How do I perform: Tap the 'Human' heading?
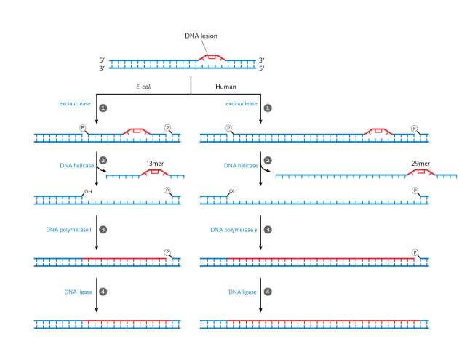click(x=226, y=86)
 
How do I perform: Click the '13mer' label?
click(x=156, y=164)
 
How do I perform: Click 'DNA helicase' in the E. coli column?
click(x=76, y=166)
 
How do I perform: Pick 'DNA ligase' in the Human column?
click(x=243, y=292)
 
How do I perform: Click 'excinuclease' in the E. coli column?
click(x=75, y=104)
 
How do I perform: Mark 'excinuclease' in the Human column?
click(x=242, y=104)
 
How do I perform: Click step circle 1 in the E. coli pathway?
click(x=103, y=107)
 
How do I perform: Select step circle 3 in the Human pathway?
click(x=268, y=229)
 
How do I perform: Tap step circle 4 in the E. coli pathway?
click(x=103, y=292)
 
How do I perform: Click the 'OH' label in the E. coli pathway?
click(x=87, y=192)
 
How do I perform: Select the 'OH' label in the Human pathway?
click(x=233, y=192)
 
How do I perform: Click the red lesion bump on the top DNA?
click(x=212, y=57)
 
